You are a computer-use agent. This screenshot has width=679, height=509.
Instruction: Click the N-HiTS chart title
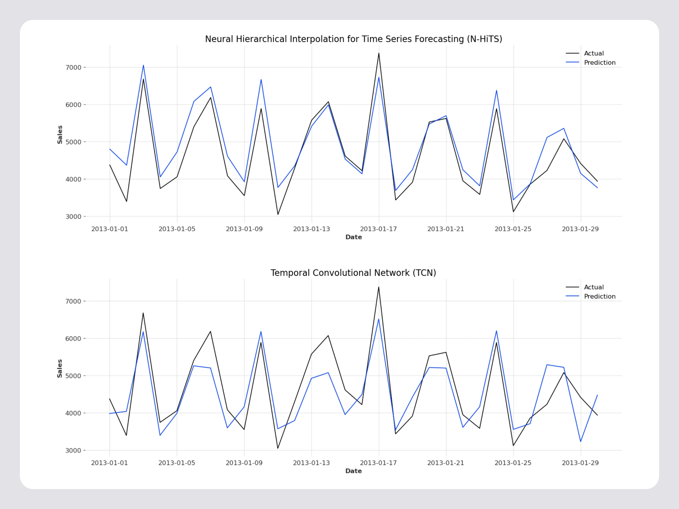pos(353,39)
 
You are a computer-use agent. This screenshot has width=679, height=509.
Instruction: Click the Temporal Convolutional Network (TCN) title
pos(353,273)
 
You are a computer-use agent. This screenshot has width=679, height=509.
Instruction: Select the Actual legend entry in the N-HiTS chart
pos(594,53)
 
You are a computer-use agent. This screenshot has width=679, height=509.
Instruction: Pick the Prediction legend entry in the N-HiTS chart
pos(599,63)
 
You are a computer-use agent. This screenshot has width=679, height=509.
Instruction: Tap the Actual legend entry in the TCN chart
pos(594,287)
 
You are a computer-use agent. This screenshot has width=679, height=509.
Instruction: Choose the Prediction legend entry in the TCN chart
pos(599,296)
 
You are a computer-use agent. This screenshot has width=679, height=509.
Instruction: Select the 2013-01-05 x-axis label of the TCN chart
pos(177,463)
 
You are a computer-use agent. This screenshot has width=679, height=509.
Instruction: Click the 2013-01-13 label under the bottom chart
pos(311,463)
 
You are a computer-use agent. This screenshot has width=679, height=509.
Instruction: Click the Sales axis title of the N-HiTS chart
pos(60,135)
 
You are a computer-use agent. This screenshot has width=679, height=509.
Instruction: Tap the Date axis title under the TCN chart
pos(353,471)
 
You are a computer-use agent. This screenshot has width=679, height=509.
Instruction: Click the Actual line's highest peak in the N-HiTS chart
pos(379,53)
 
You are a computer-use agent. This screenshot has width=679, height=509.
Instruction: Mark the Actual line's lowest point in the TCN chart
pos(278,448)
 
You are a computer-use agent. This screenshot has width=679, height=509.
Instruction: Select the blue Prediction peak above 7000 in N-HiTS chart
pos(143,65)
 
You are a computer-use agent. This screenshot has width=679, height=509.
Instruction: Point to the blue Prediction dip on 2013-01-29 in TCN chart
pos(580,441)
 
